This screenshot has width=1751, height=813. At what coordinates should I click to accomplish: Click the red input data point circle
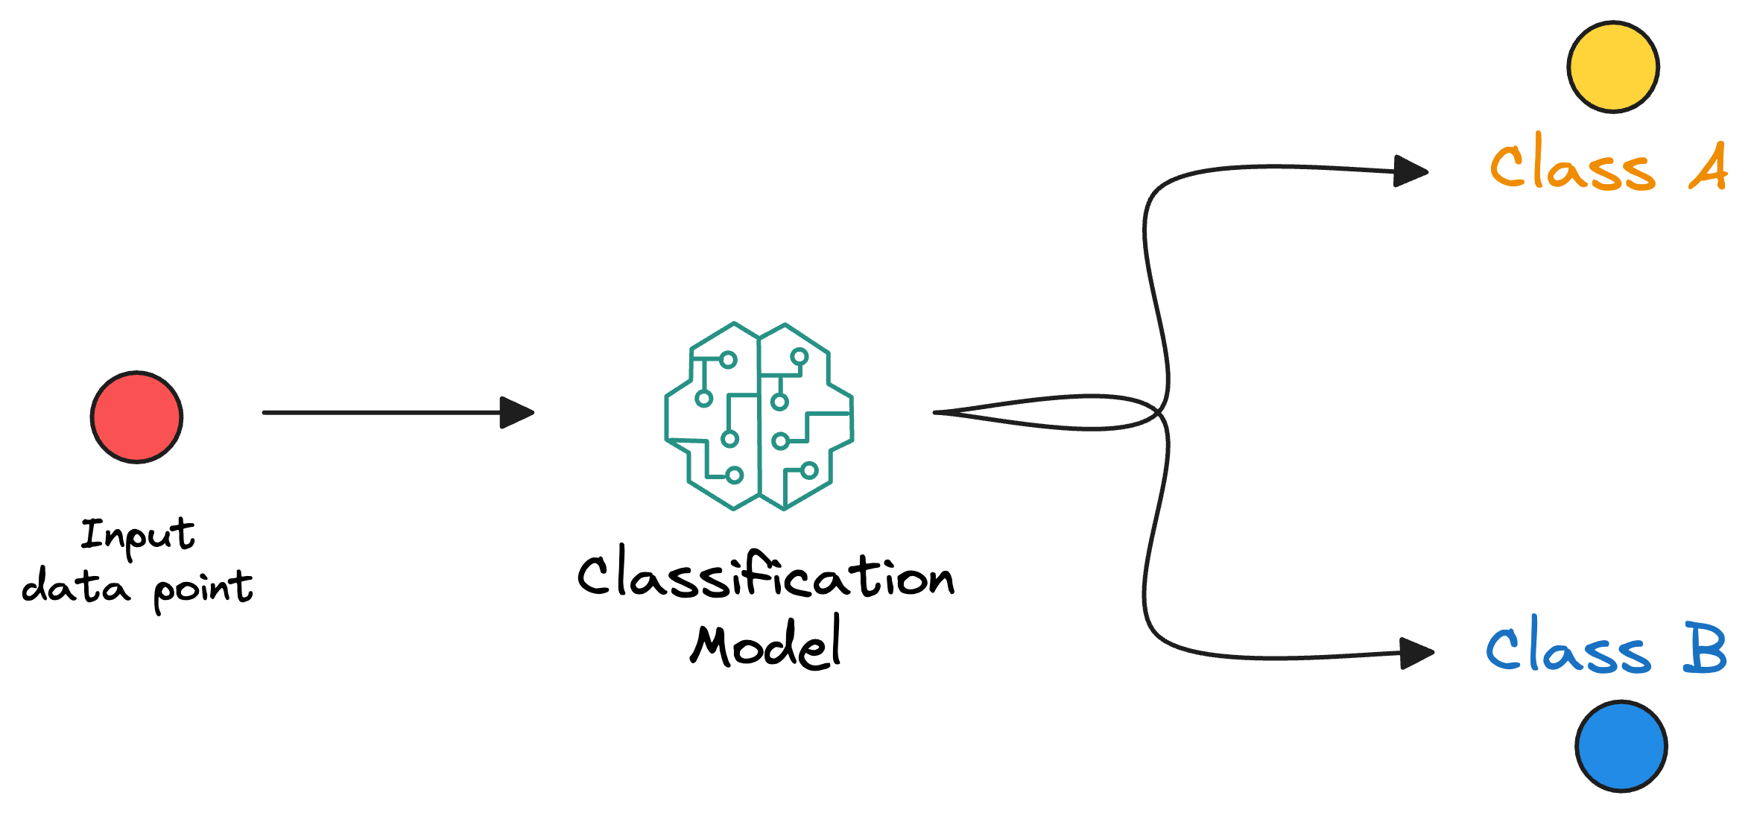click(136, 417)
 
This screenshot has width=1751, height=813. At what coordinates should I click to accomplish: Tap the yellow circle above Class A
click(1612, 67)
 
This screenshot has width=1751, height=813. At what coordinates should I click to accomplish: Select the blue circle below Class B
click(1621, 746)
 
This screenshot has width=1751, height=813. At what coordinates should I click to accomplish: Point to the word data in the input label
click(75, 586)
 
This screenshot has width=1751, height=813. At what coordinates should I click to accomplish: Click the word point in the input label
click(203, 589)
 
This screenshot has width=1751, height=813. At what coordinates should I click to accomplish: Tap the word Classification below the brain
click(765, 575)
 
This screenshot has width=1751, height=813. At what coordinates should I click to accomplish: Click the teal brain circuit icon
click(759, 416)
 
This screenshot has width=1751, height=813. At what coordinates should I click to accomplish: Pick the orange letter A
click(1708, 168)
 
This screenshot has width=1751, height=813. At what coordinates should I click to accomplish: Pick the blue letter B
click(1705, 648)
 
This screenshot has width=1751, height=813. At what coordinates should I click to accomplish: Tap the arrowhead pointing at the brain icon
click(516, 412)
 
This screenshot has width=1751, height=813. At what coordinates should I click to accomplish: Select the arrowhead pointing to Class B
click(1416, 654)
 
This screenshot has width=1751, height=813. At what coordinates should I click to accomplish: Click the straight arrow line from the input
click(380, 412)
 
